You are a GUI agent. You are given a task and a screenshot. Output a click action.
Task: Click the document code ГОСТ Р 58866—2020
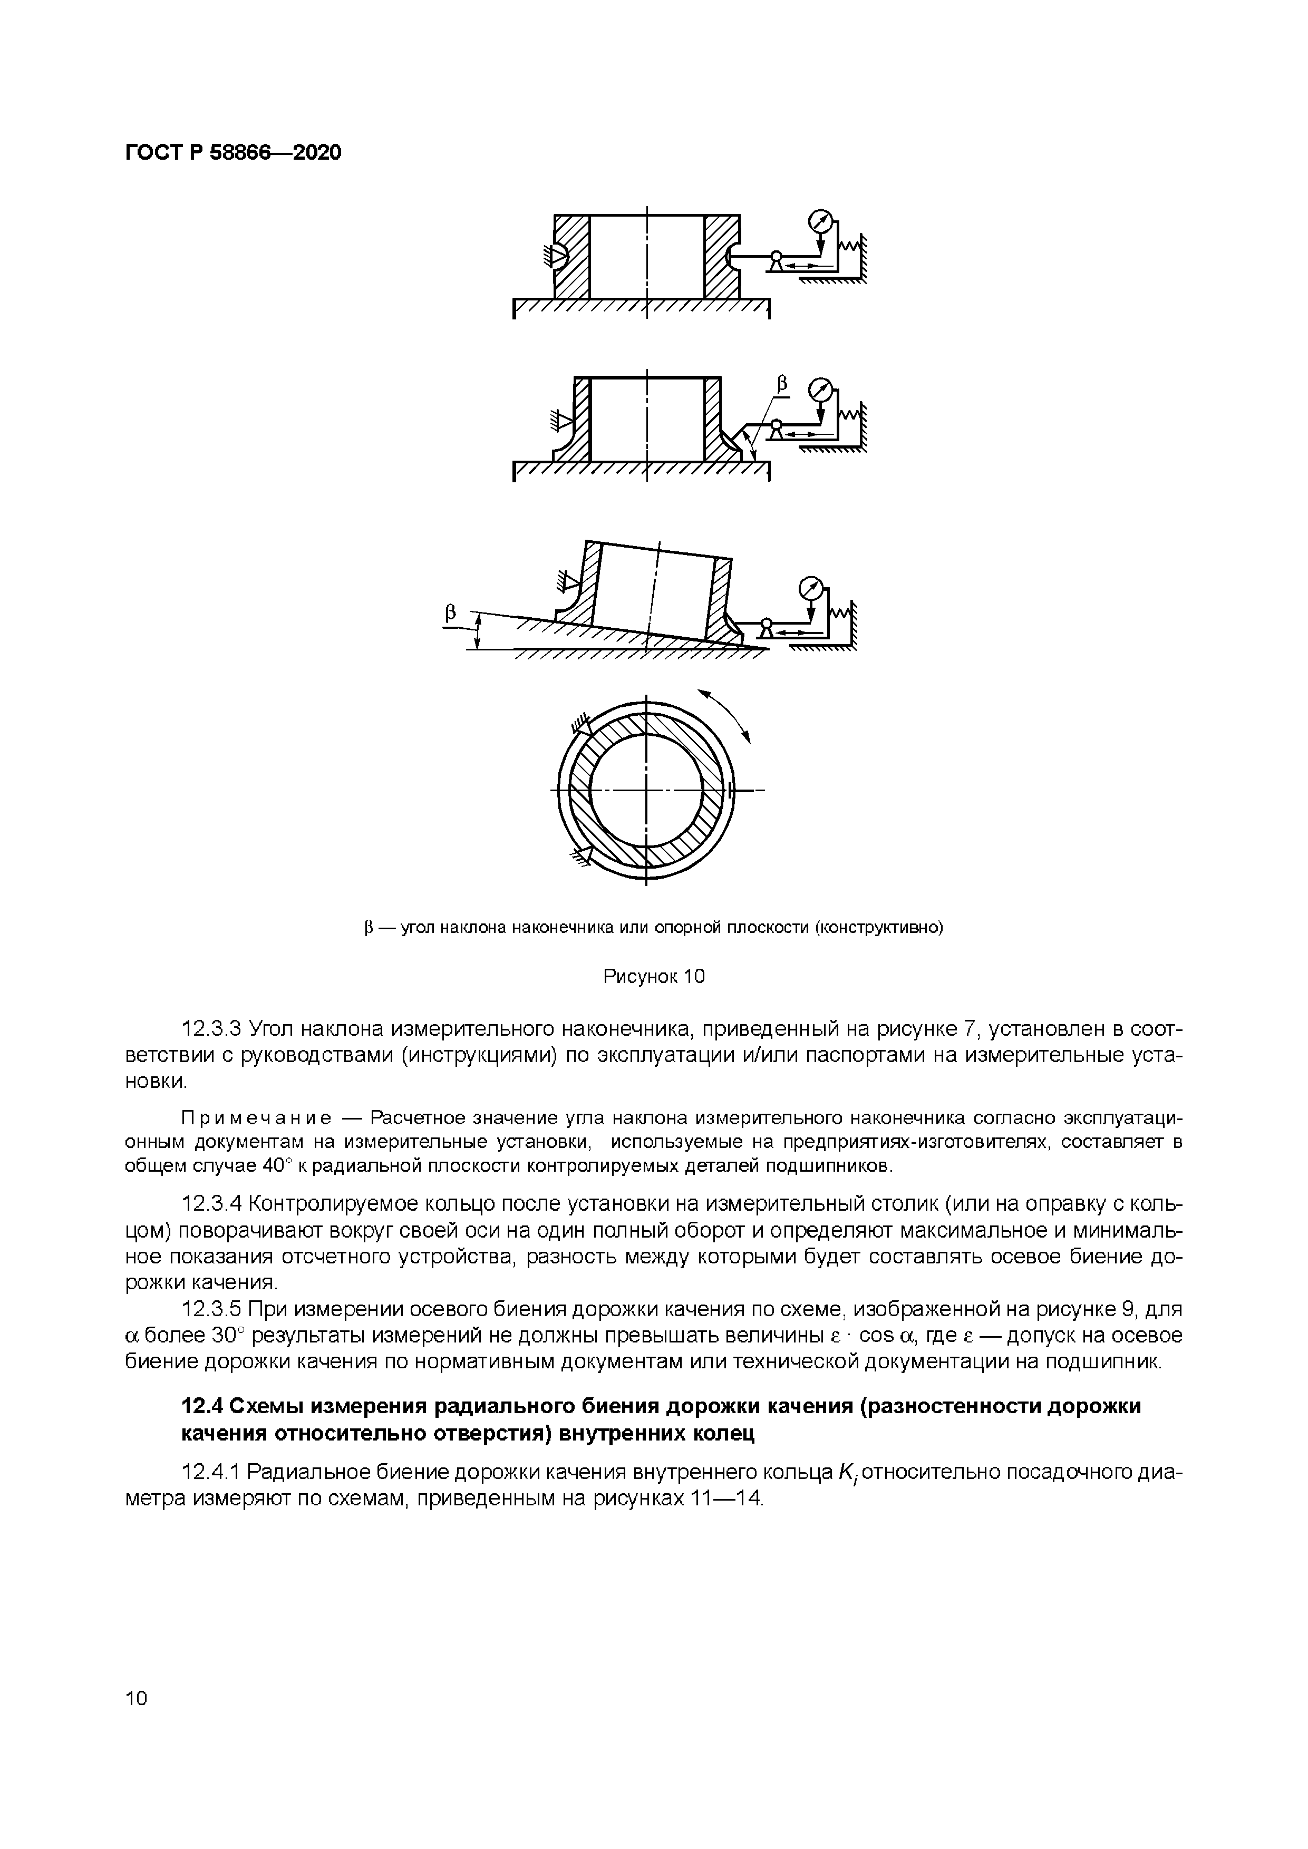(234, 152)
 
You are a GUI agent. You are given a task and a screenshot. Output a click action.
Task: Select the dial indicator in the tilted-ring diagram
(811, 586)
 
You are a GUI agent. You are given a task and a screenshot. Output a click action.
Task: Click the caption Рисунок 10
(654, 977)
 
